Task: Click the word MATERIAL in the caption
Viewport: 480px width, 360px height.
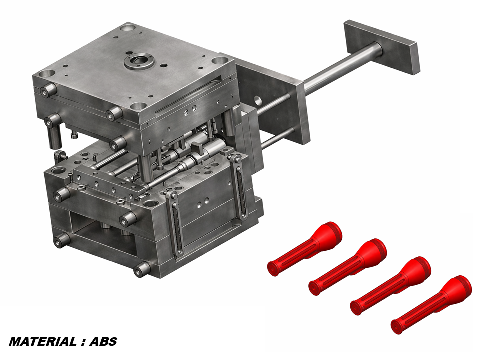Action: pyautogui.click(x=43, y=342)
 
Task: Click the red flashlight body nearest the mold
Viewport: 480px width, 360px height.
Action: pyautogui.click(x=305, y=249)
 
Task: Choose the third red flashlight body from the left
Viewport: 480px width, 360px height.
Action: pyautogui.click(x=391, y=286)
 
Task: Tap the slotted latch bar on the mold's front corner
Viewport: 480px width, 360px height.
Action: pyautogui.click(x=174, y=224)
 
